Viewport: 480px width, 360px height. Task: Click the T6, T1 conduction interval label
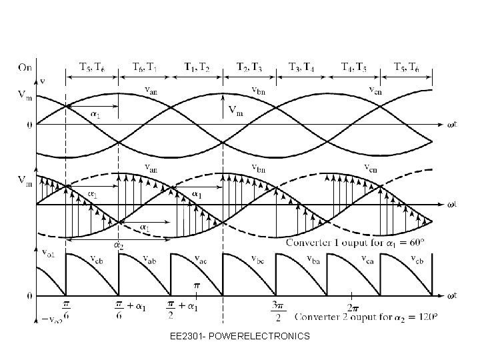coord(144,67)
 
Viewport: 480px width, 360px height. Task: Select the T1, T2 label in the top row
coord(196,67)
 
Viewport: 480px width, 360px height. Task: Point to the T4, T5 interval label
coord(353,67)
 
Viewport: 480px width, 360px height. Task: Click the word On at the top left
coord(25,66)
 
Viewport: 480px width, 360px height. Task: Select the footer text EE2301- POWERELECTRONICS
coord(239,336)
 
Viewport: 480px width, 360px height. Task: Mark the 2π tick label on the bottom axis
coord(351,308)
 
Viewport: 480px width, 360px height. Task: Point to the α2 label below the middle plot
coord(119,246)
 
